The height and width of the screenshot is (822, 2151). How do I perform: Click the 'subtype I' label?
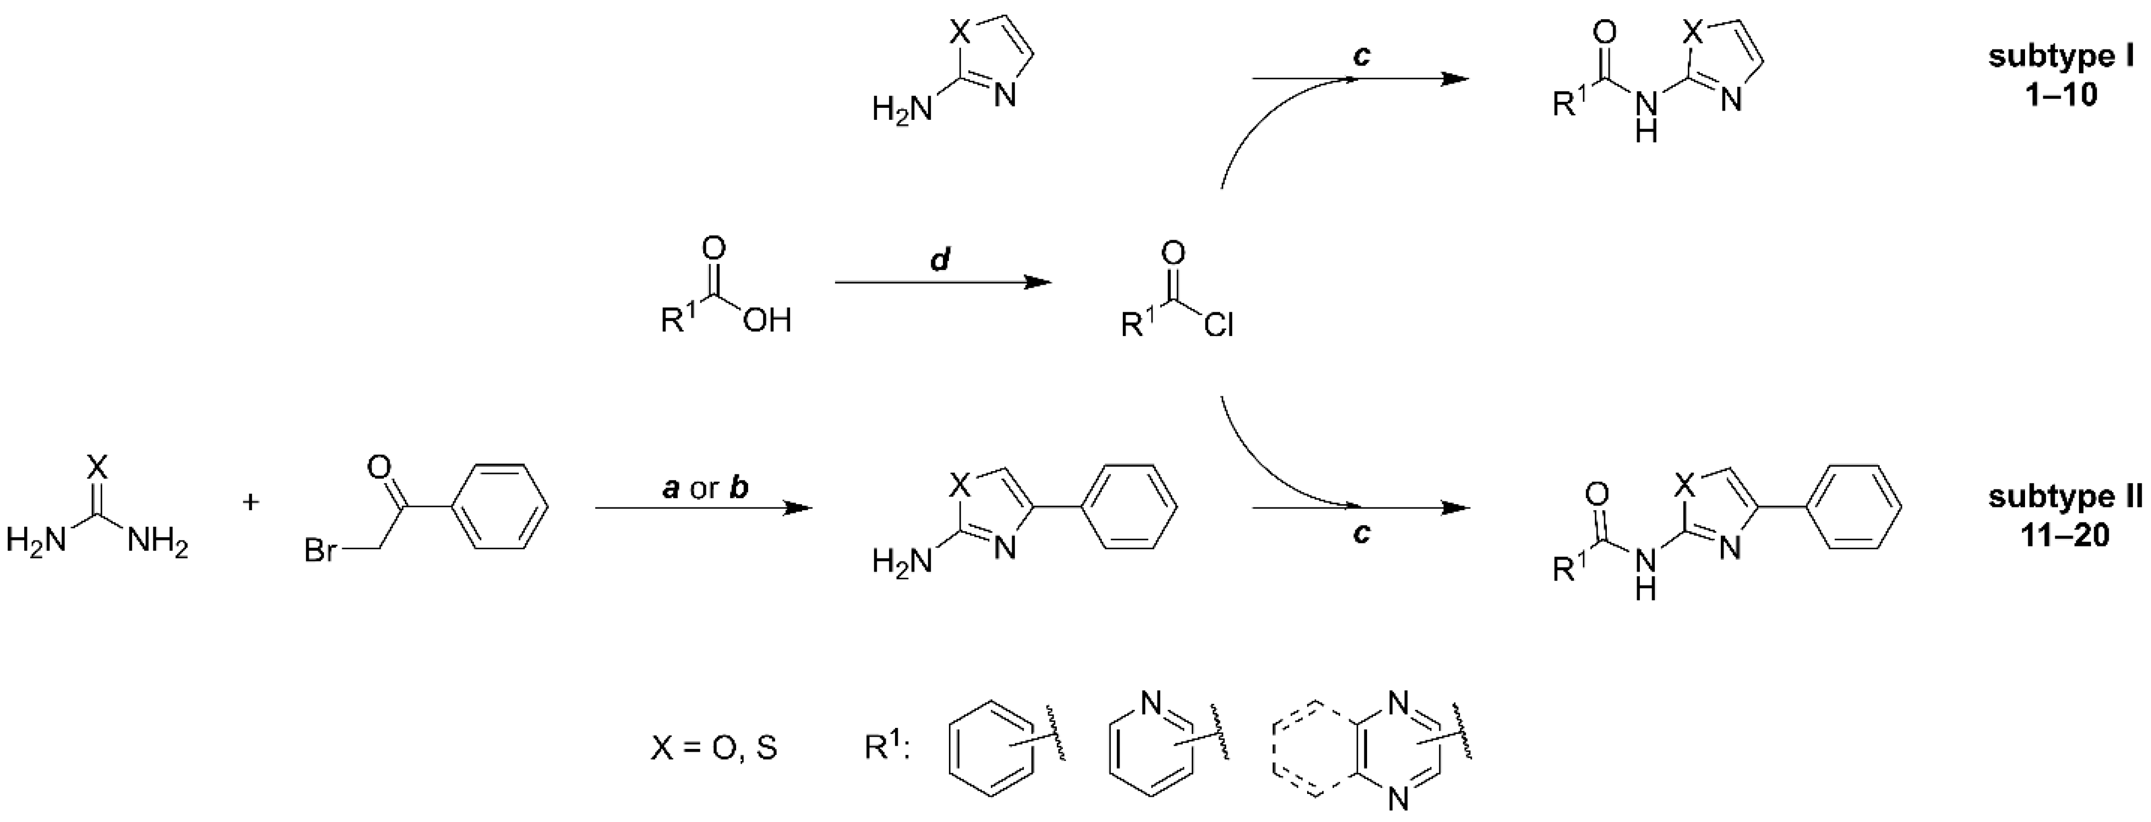tap(2060, 57)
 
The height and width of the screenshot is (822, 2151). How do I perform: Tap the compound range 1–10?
tap(2060, 95)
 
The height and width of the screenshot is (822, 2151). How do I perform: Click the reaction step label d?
tap(940, 261)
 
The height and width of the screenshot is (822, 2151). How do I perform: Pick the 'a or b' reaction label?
tap(705, 488)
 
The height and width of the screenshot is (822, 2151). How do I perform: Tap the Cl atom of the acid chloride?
tap(1219, 324)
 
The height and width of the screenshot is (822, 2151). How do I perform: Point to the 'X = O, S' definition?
tap(714, 748)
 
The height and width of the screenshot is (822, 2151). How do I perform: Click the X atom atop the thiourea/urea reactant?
tap(98, 466)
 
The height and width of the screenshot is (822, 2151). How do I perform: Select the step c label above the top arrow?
tap(1361, 56)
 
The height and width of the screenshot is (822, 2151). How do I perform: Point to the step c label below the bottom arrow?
tap(1361, 532)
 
